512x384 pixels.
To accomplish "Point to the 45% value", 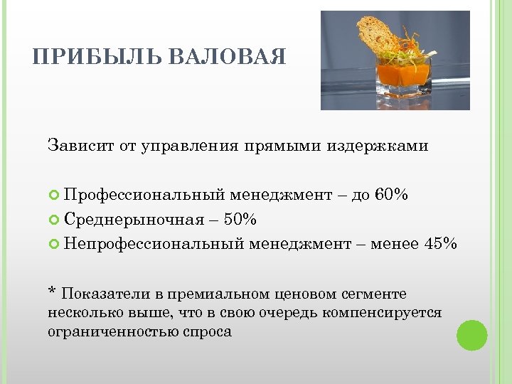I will click(442, 244).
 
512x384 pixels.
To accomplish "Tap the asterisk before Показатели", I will click(52, 292).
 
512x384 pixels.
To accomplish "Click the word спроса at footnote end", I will click(211, 331).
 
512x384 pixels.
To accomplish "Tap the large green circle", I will click(471, 335).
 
